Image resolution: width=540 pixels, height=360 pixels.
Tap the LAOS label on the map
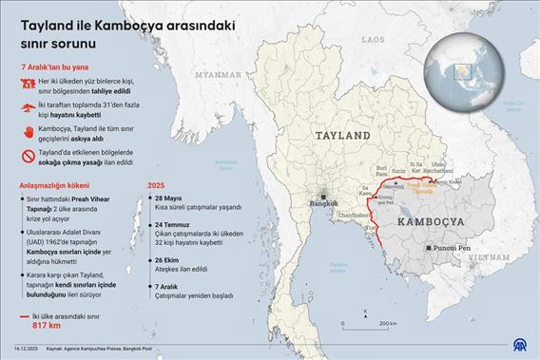click(373, 39)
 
